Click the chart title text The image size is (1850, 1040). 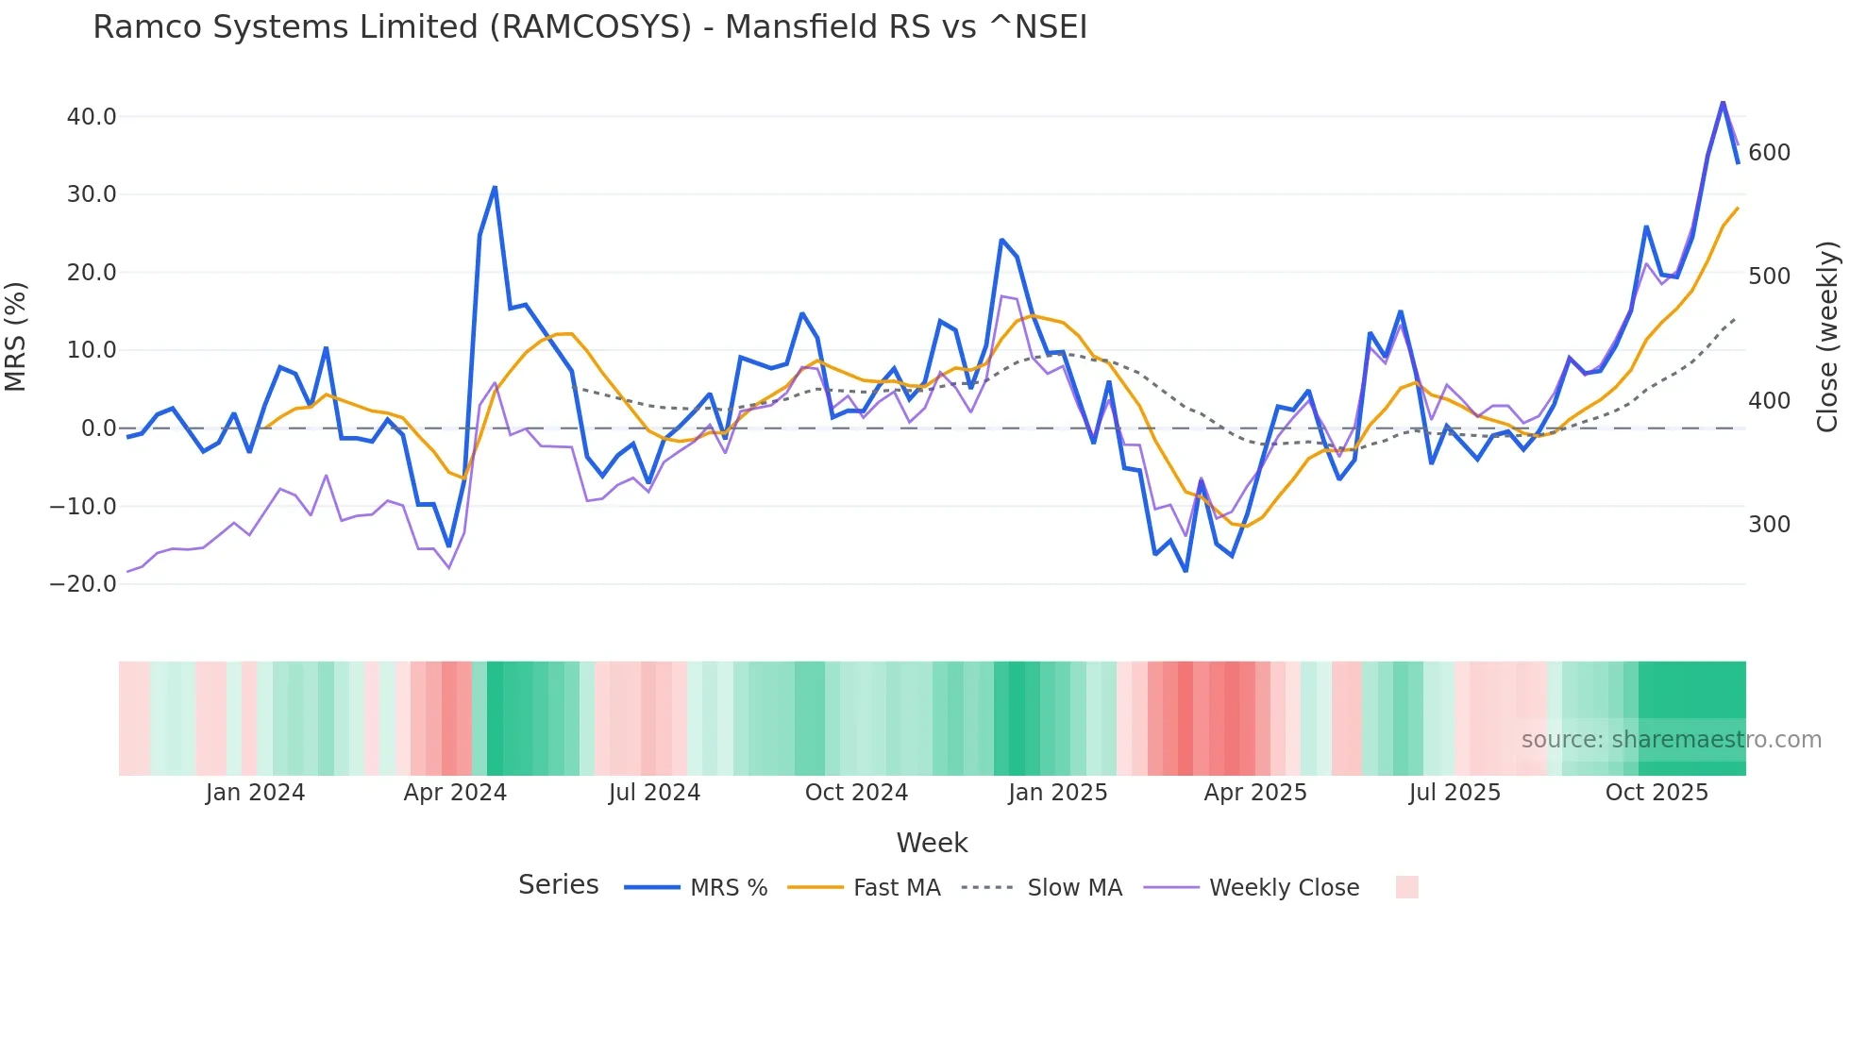[590, 27]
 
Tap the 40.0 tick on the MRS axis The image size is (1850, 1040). [92, 117]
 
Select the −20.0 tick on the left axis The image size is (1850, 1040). [84, 584]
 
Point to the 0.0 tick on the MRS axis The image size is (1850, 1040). [98, 428]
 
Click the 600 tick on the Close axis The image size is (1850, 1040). [1769, 153]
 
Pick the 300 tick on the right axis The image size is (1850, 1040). [1769, 525]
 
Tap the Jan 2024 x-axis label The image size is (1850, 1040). [255, 793]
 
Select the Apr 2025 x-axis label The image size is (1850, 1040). [1255, 793]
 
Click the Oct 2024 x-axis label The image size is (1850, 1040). [856, 793]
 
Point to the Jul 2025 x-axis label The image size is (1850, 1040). [1455, 793]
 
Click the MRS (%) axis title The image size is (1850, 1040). [16, 336]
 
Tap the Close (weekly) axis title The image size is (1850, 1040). [1828, 337]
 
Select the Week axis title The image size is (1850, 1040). [932, 843]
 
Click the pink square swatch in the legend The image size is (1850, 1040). [1406, 887]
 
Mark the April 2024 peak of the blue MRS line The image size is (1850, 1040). [495, 188]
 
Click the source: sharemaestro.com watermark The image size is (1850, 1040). [1671, 740]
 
